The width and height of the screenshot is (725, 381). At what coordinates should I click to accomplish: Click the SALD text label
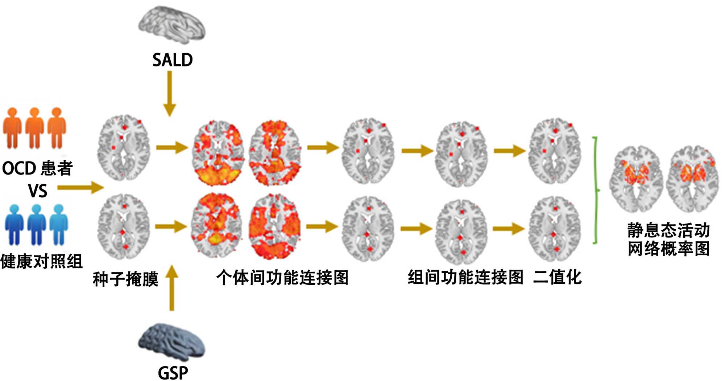click(x=172, y=60)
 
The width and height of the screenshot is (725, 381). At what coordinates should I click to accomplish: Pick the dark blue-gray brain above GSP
click(x=172, y=341)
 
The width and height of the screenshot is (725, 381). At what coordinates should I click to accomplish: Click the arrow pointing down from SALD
click(x=170, y=93)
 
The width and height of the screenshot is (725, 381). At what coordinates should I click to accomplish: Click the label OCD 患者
click(x=37, y=168)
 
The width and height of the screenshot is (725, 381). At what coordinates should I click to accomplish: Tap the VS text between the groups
click(x=38, y=191)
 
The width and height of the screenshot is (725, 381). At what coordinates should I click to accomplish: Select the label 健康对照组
click(x=41, y=261)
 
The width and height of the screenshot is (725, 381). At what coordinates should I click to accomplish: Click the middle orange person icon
click(x=34, y=128)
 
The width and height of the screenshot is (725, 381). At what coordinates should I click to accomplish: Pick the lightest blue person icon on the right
click(x=58, y=225)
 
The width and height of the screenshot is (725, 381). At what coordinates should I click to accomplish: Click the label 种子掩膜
click(x=125, y=279)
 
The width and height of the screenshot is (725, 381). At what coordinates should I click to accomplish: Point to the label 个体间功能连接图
click(x=282, y=278)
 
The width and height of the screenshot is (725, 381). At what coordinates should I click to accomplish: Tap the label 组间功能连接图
click(x=465, y=278)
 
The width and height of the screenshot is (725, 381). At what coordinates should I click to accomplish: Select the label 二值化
click(x=558, y=278)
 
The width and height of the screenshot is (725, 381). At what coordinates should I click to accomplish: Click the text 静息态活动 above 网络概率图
click(x=668, y=230)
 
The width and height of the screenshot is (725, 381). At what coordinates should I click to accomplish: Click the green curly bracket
click(x=596, y=190)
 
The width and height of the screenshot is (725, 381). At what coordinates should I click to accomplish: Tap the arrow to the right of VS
click(x=80, y=188)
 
